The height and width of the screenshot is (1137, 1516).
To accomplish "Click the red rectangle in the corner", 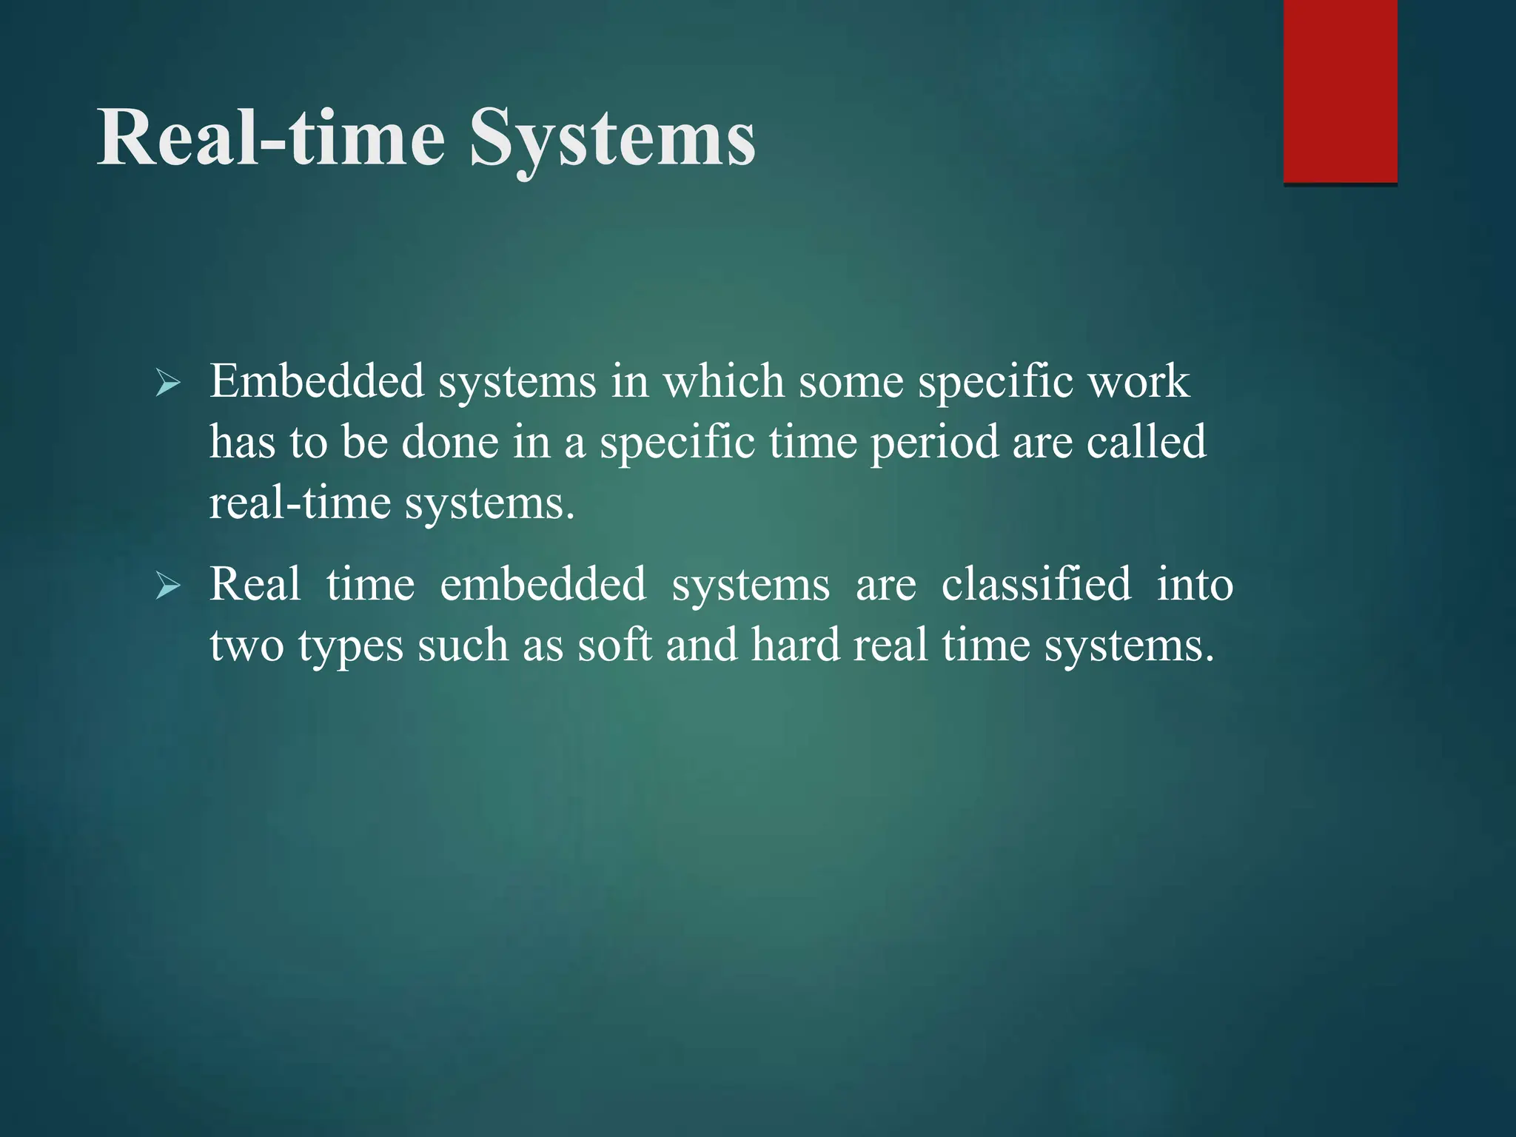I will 1340,91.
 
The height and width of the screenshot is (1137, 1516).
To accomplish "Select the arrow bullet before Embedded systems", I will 168,383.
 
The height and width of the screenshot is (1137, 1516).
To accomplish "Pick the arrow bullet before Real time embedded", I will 168,586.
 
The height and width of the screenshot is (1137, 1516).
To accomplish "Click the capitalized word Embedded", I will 317,382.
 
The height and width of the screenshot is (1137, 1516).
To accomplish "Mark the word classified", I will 1036,585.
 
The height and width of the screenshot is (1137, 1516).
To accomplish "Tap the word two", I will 246,645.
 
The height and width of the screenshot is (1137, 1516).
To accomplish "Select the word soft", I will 614,645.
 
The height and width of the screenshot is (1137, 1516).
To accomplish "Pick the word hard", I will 795,645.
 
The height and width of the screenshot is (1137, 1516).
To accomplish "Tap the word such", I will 463,645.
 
